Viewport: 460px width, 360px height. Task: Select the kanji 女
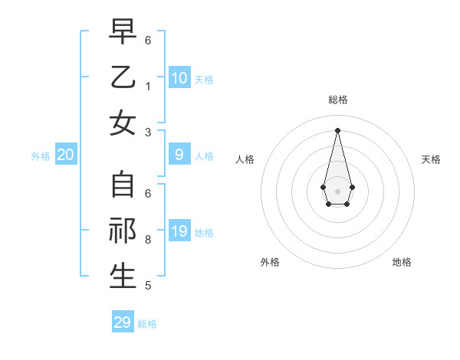123,123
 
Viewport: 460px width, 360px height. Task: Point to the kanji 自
123,185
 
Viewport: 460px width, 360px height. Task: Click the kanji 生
123,277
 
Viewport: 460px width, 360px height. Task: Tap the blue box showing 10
179,77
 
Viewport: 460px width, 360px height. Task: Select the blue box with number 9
179,155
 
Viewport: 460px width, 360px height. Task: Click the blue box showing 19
179,231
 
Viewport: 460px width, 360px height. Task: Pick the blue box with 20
66,155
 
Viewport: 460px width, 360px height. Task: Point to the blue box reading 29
123,322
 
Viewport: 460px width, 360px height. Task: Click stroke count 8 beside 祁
148,240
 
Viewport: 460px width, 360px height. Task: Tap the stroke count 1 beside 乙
148,86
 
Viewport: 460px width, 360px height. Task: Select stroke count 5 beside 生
148,286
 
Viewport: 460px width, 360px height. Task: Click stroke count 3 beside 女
148,132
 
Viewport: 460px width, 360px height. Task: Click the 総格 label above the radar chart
337,100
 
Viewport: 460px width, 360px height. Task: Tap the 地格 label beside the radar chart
402,262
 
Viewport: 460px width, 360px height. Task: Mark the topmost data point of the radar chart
337,129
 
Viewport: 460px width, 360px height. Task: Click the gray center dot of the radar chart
337,191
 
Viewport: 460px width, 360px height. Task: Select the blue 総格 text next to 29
147,324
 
